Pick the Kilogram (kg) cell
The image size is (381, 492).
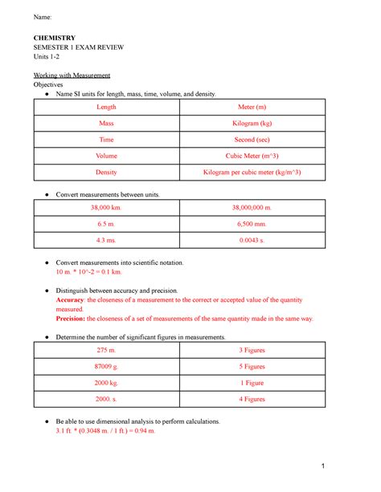[x=252, y=124]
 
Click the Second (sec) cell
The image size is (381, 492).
[x=252, y=140]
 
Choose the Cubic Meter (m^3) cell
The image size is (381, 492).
[x=252, y=157]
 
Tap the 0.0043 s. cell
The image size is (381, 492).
[x=252, y=240]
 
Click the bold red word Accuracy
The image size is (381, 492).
[x=69, y=299]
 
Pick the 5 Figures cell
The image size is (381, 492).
[x=252, y=367]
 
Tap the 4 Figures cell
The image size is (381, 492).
[x=252, y=399]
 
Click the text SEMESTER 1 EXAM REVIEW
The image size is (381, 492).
[x=78, y=47]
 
